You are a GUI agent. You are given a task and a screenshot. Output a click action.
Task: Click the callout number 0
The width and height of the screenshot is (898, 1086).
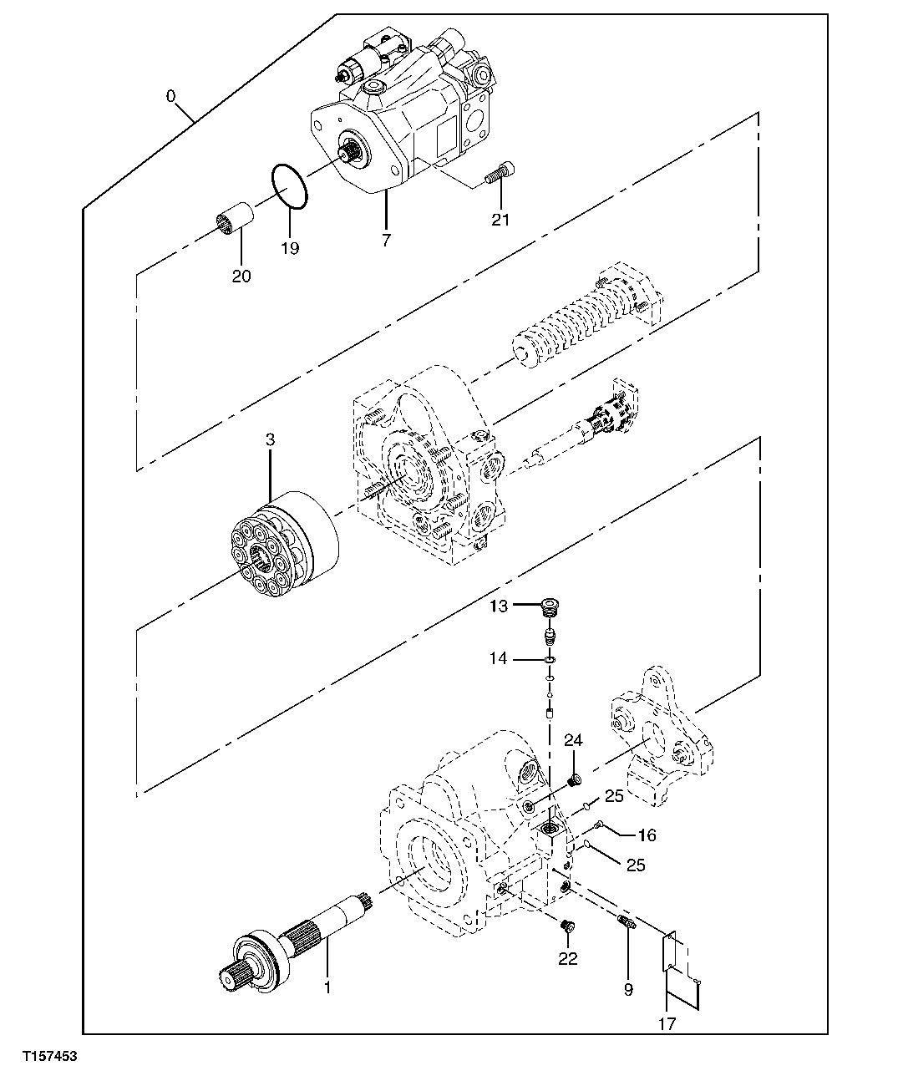[x=170, y=96]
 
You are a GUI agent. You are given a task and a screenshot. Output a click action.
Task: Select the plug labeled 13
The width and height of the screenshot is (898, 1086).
[x=550, y=607]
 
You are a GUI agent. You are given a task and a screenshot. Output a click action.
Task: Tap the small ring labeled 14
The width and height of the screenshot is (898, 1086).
[x=549, y=661]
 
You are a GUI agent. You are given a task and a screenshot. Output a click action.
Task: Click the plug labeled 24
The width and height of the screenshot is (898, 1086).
[x=574, y=781]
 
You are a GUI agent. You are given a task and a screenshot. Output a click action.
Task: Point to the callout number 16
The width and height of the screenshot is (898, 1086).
[x=647, y=835]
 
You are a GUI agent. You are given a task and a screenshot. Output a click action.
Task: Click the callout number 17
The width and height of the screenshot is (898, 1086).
[x=666, y=1023]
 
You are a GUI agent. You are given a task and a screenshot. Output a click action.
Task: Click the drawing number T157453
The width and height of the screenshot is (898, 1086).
[x=49, y=1057]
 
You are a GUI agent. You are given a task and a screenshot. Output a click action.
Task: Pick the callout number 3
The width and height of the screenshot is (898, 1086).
[x=270, y=439]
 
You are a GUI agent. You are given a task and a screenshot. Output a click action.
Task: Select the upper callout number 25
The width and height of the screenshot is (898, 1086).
[x=614, y=797]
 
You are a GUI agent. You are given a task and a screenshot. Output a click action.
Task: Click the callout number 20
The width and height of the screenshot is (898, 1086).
[x=241, y=277]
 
